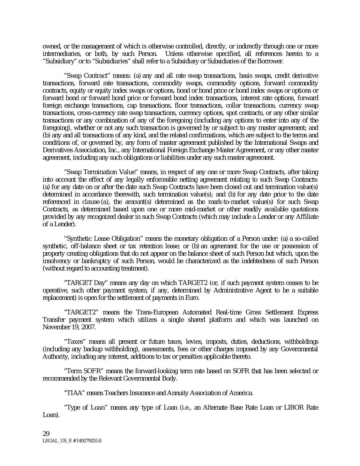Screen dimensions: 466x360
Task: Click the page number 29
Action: [46, 434]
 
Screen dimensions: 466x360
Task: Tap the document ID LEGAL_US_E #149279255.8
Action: [72, 440]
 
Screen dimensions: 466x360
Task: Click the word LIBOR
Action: [296, 408]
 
